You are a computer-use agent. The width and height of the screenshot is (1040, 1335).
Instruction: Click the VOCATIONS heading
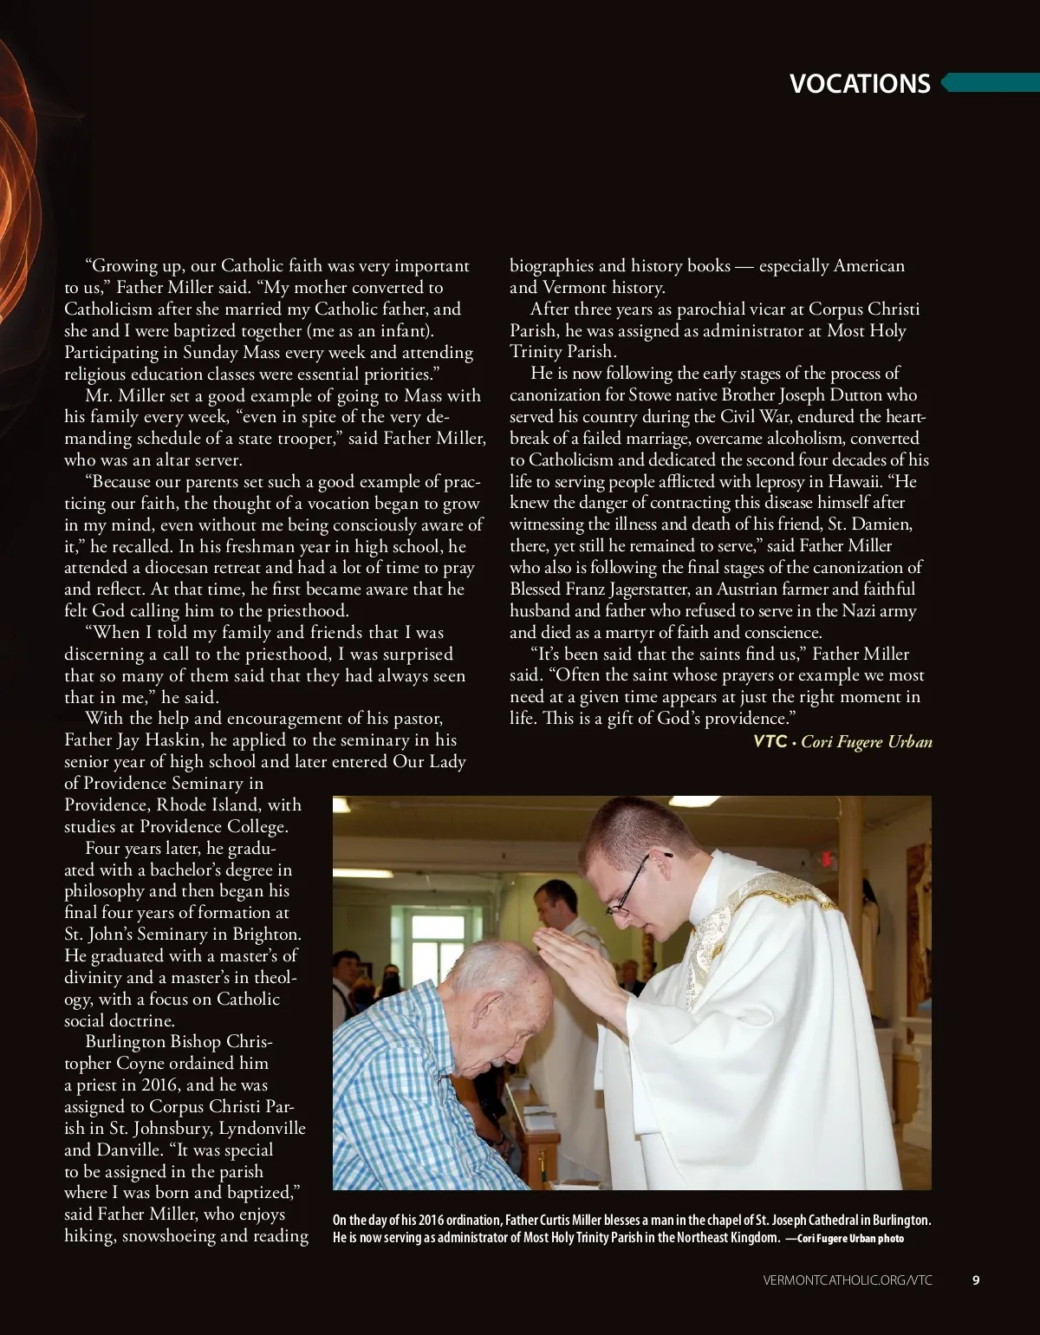[860, 84]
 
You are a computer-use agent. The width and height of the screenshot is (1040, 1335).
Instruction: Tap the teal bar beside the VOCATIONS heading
[991, 83]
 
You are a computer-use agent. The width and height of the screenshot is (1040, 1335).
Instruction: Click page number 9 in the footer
[976, 1280]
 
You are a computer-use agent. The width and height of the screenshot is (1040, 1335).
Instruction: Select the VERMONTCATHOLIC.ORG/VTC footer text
[848, 1280]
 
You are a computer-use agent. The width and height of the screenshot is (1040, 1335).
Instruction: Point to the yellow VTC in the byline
[770, 741]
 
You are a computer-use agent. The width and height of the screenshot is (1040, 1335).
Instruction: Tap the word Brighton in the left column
[266, 934]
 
